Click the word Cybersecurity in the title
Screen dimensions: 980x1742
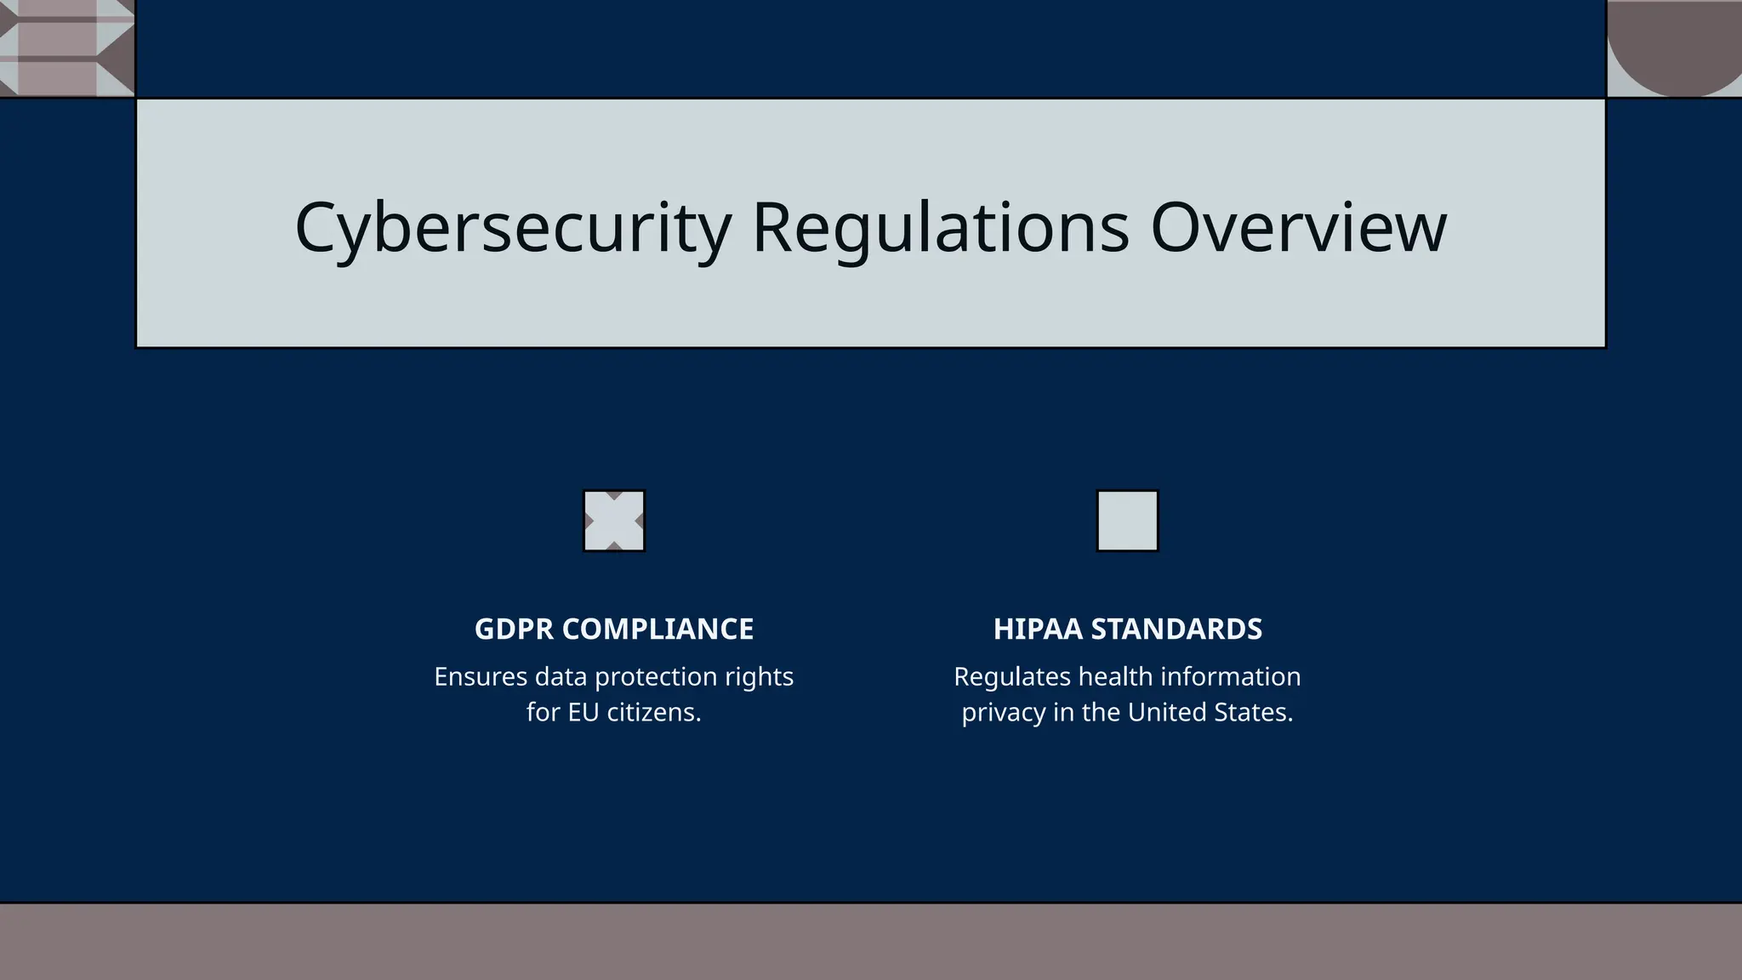click(512, 228)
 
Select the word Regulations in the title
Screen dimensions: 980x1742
click(941, 228)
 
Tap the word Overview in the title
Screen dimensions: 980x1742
click(1298, 228)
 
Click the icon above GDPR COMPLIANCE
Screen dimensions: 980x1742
click(614, 521)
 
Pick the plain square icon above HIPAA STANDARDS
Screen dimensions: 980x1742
click(1127, 521)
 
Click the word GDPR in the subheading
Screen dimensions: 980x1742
click(515, 630)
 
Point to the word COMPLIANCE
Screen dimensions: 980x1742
click(658, 630)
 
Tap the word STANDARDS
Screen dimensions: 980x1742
click(1176, 630)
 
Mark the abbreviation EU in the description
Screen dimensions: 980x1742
click(584, 713)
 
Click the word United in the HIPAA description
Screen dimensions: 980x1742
click(1166, 713)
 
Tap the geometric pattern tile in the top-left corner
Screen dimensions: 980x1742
click(66, 48)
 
